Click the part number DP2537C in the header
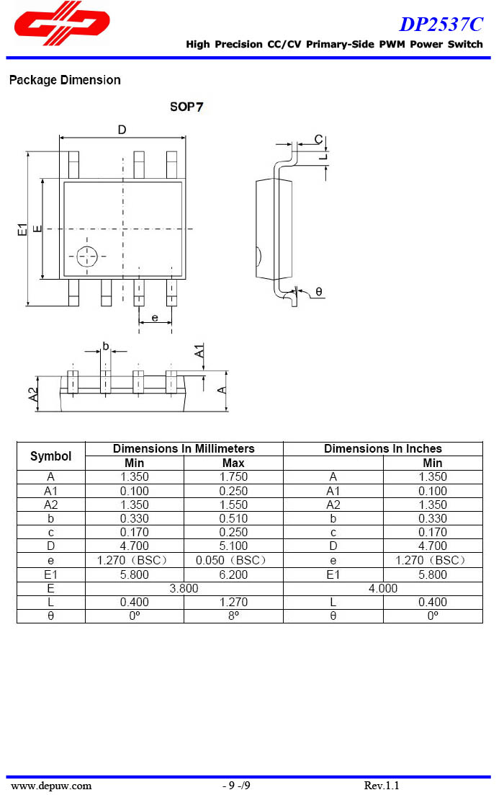point(441,25)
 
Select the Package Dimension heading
point(65,80)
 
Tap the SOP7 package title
point(186,107)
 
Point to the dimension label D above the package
point(122,130)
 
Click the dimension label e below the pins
point(155,316)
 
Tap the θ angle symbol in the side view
point(319,292)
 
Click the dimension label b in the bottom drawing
point(105,346)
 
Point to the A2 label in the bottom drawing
point(32,394)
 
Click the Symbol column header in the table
point(51,456)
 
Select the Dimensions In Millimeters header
point(184,448)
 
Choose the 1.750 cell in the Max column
point(233,476)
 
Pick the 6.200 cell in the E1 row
point(233,574)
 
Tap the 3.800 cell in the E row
point(184,588)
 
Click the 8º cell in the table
point(233,616)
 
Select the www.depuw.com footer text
point(51,786)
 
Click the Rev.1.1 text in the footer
point(382,786)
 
